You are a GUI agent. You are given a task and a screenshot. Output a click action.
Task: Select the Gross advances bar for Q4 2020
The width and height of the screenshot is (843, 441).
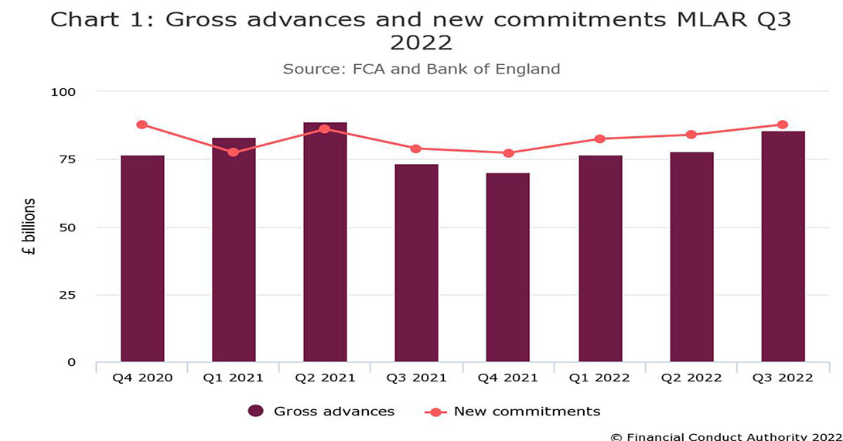tap(142, 258)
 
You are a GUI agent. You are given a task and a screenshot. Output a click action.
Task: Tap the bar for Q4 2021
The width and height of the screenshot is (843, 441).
tap(507, 267)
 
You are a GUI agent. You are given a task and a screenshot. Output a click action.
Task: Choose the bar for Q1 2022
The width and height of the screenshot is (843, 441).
tap(599, 258)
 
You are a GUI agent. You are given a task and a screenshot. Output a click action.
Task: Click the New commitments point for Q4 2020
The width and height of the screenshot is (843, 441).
tap(142, 125)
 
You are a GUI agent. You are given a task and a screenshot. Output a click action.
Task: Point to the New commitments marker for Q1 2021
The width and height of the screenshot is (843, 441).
tap(234, 152)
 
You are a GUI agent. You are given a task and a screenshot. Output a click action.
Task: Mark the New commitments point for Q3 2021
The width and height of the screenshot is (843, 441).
tap(416, 149)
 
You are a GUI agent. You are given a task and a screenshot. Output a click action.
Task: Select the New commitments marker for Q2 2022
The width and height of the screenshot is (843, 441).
tap(691, 135)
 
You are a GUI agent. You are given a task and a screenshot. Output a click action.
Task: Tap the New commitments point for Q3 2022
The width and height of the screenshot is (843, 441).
tap(783, 125)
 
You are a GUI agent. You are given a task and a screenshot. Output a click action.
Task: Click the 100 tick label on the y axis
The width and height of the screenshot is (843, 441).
tap(64, 92)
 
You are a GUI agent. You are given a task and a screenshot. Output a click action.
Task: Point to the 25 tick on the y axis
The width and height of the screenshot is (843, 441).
tap(68, 295)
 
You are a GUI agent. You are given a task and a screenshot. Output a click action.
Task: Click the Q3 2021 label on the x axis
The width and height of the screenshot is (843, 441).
tap(416, 378)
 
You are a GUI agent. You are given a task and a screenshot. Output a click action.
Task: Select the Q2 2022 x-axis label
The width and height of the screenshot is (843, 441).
tap(691, 378)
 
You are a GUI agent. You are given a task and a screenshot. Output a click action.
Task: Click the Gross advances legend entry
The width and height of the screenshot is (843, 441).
tap(322, 412)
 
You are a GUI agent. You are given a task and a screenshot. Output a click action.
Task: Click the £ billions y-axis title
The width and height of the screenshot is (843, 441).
tap(29, 227)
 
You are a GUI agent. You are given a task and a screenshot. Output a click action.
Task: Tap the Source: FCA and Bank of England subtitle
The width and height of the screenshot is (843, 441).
tap(421, 69)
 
